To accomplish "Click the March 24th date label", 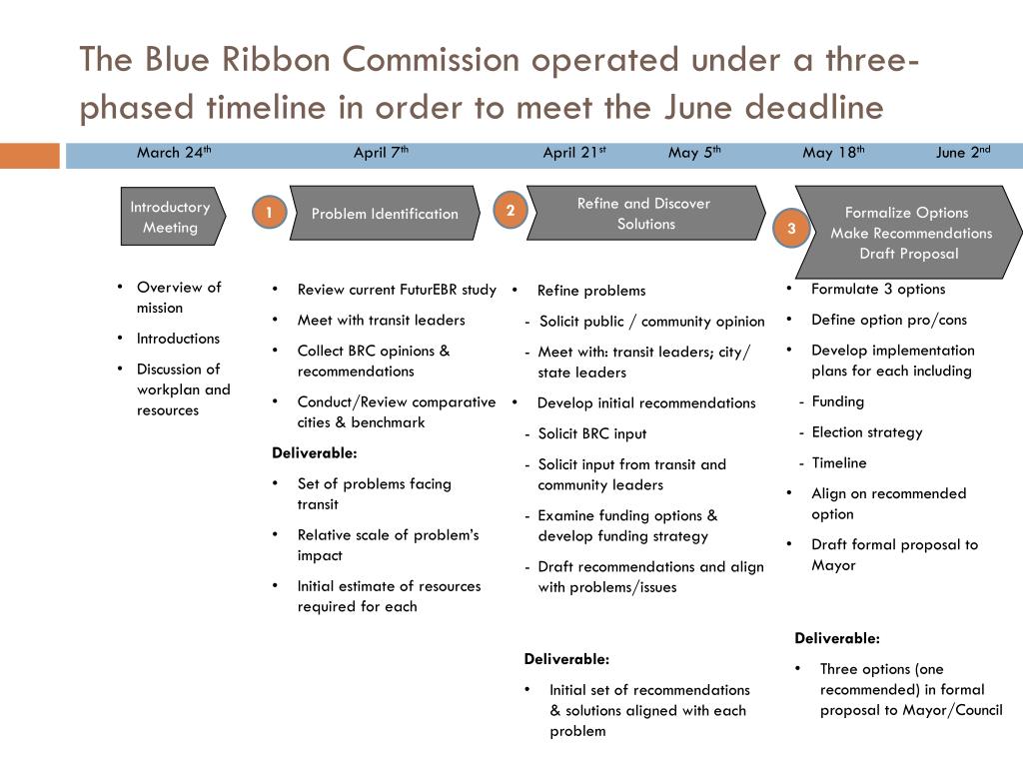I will click(x=174, y=153).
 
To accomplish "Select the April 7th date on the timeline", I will click(x=381, y=153).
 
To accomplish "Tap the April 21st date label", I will click(x=574, y=153).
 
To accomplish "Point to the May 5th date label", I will click(x=694, y=153).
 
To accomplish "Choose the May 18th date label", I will click(x=833, y=153).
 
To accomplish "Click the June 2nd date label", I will click(x=963, y=153).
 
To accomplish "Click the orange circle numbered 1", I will click(x=269, y=212).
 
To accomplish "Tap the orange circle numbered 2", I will click(x=510, y=210).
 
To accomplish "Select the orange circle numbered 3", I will click(x=791, y=229).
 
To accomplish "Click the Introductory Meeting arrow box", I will click(x=171, y=217).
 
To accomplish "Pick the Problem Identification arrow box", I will click(x=385, y=213).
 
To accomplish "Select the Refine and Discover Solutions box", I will click(x=645, y=214).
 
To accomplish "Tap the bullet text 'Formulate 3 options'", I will click(x=877, y=290).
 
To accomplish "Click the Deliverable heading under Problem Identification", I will click(x=314, y=452).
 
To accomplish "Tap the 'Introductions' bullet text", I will click(x=178, y=339).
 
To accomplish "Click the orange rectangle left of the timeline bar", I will click(x=29, y=156).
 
